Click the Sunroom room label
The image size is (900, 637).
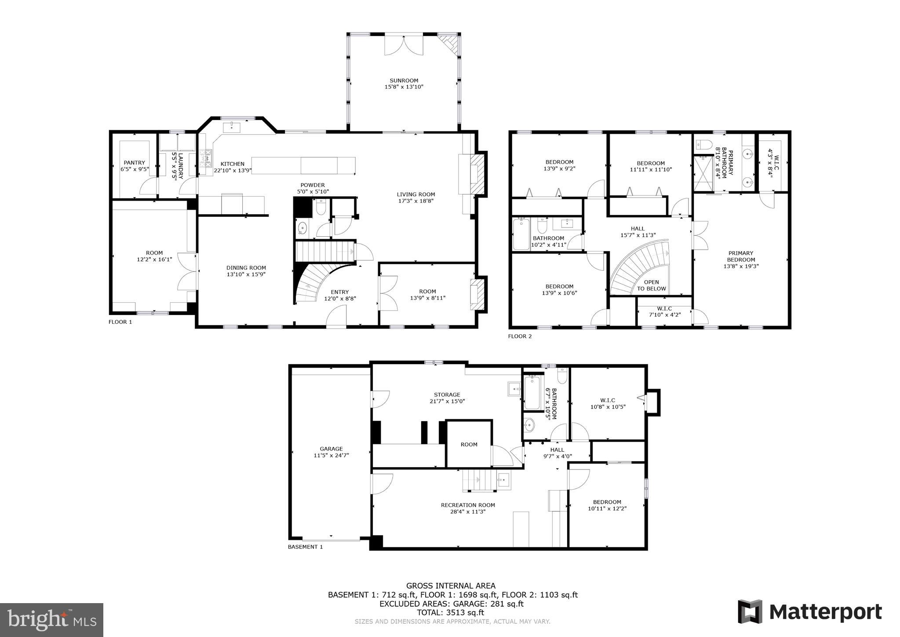pos(404,81)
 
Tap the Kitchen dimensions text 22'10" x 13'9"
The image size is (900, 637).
pos(232,171)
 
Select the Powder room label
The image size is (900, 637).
pos(313,185)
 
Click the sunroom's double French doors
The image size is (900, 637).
pos(404,45)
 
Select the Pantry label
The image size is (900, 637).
pos(134,163)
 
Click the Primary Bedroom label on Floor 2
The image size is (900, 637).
pos(741,256)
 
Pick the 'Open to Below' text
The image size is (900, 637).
pos(651,286)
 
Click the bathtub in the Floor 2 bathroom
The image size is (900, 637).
pos(521,234)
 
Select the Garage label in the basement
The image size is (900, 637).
pos(331,449)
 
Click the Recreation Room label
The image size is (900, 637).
pos(468,505)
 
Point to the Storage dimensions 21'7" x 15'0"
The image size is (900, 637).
pos(447,401)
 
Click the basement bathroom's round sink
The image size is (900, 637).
pos(529,425)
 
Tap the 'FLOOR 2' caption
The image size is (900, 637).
pos(520,336)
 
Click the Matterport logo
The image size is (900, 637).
pos(809,612)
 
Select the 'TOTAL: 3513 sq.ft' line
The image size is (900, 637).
pos(450,612)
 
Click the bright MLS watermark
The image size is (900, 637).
pos(51,620)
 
